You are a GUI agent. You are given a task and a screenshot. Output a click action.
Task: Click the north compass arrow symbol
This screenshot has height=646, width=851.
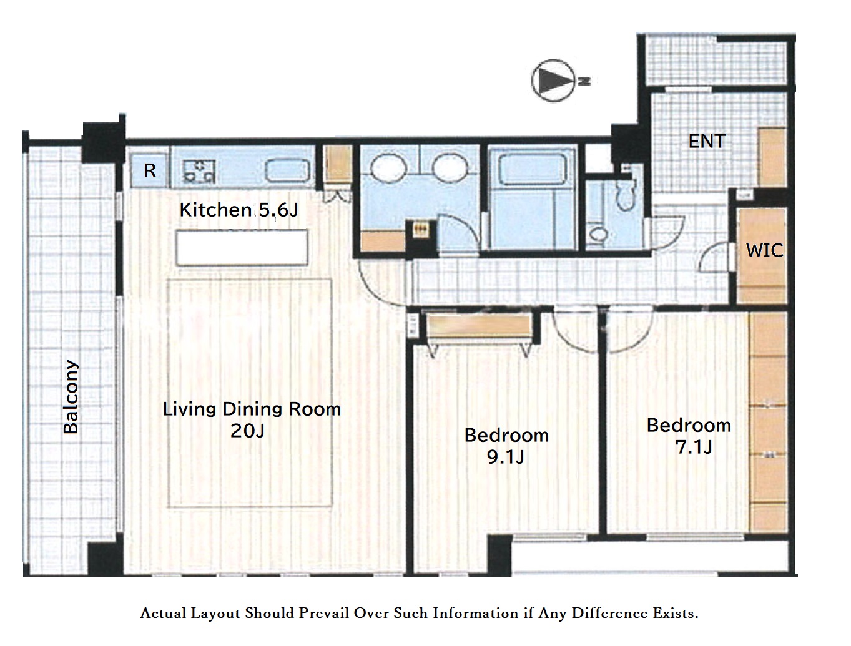click(555, 81)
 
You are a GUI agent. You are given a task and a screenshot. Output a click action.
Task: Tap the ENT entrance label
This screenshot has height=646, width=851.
click(707, 142)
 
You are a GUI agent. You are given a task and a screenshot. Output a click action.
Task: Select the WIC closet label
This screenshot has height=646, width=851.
click(765, 251)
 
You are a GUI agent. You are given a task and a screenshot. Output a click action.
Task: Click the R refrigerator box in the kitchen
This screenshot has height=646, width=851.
click(150, 170)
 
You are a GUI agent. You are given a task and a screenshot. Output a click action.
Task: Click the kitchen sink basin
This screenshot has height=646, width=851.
click(288, 171)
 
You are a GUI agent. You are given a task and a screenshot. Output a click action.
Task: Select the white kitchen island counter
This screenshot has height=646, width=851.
click(242, 248)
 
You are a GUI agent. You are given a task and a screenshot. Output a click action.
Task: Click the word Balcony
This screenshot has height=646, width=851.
click(71, 397)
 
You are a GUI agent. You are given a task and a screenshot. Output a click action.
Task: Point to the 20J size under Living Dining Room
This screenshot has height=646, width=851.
click(247, 431)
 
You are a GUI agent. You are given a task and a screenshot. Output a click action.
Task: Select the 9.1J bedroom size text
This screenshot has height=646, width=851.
click(506, 458)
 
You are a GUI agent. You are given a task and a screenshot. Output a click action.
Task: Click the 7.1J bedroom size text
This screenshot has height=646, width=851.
click(694, 447)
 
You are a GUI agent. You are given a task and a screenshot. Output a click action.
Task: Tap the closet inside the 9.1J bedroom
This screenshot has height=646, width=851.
click(480, 325)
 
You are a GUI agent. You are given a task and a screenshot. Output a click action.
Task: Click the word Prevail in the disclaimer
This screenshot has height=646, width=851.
click(323, 613)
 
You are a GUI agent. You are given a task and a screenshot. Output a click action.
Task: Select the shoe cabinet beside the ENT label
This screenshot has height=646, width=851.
click(772, 157)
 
